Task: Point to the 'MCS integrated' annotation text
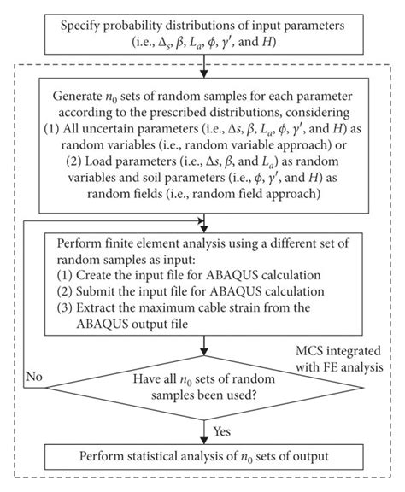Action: pyautogui.click(x=341, y=352)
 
